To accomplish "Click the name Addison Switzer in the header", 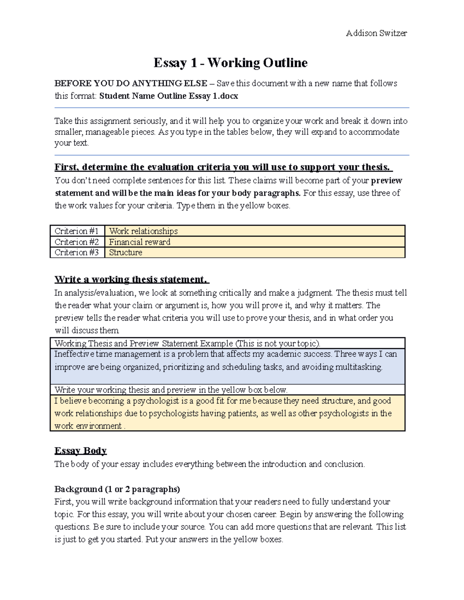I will (x=376, y=33).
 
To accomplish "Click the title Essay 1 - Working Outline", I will (x=230, y=63).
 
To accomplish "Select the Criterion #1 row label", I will (x=77, y=231).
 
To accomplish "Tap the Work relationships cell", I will (x=143, y=231).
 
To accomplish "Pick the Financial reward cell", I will (x=140, y=242).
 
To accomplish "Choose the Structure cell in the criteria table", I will (x=126, y=252).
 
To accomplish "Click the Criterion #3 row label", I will (x=77, y=252).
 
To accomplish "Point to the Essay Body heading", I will (x=80, y=450).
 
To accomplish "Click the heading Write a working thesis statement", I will (x=131, y=279).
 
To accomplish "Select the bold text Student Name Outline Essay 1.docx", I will (x=169, y=96).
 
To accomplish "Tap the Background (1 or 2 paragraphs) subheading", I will (x=117, y=489).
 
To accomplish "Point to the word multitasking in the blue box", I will (x=358, y=367).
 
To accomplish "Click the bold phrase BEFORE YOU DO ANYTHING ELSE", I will (x=131, y=83).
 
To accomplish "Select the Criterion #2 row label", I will (x=77, y=242).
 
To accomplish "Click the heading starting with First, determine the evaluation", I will (x=223, y=167).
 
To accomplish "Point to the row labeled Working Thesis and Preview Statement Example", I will (x=188, y=343).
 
